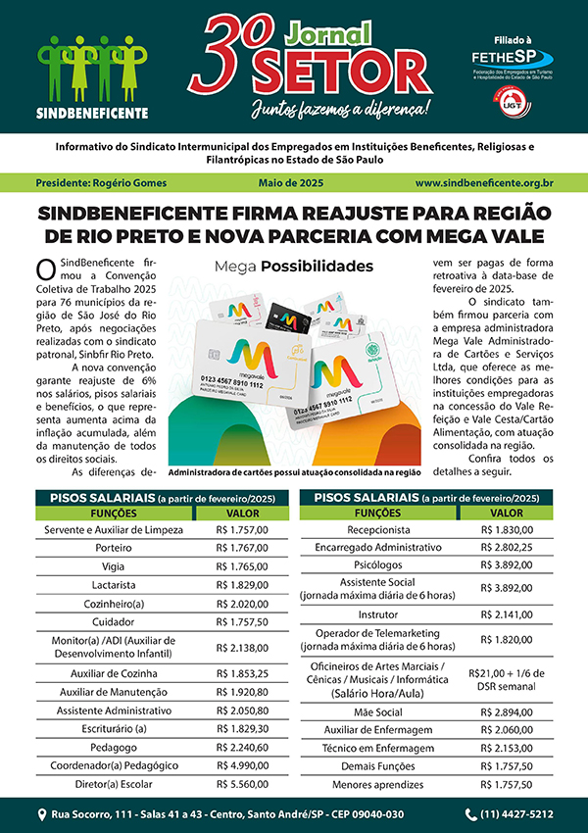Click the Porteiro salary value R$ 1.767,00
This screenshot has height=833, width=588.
(242, 548)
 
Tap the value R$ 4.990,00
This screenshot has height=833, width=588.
(242, 764)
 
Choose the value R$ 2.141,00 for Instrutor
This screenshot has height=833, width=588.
(506, 613)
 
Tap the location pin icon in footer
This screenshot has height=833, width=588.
(42, 813)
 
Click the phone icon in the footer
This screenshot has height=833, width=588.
(471, 813)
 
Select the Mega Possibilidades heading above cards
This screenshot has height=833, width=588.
(294, 266)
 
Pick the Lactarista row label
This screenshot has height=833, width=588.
(115, 584)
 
